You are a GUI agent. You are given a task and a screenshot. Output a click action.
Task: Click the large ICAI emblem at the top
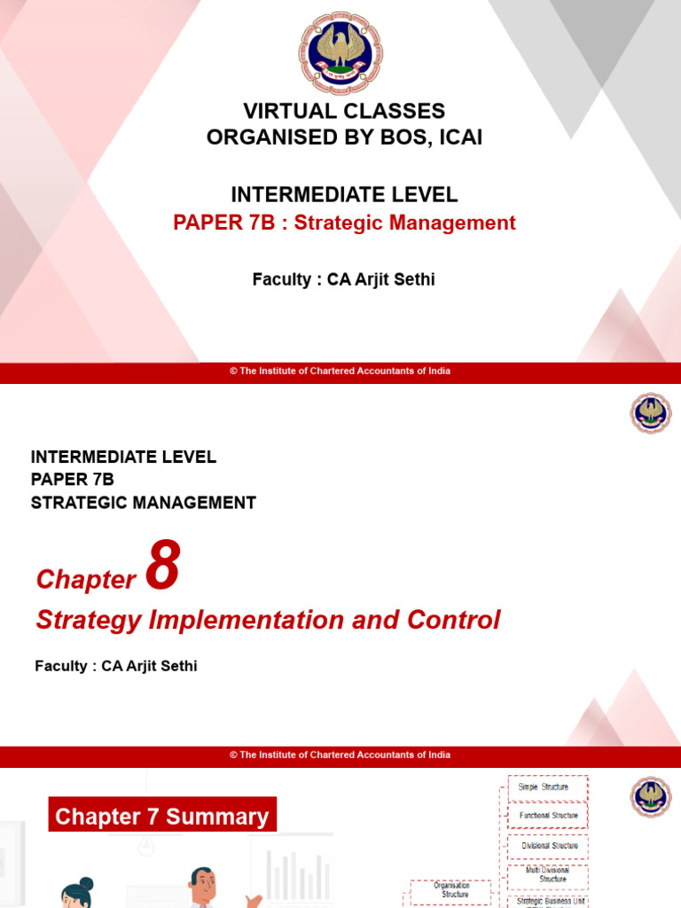point(340,54)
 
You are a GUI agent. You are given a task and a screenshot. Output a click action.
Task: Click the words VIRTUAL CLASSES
point(344,112)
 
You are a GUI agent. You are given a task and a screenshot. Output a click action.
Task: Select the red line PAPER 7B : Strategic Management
point(344,223)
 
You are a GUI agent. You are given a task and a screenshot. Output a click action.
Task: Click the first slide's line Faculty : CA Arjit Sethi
point(344,280)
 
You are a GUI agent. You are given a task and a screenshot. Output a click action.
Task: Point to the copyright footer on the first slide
point(340,372)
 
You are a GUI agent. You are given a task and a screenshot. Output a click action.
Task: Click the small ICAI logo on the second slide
point(652,414)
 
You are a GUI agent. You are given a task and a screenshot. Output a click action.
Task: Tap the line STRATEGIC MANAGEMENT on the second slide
point(144,503)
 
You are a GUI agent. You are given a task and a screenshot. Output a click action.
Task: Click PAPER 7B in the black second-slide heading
point(73,480)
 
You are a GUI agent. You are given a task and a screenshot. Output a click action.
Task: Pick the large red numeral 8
point(162,566)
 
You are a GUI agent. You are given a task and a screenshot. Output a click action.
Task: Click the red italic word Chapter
point(86,580)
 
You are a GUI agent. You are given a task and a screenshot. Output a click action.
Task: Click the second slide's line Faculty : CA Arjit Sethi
point(115,666)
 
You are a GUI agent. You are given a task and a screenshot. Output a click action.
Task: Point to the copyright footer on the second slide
point(340,755)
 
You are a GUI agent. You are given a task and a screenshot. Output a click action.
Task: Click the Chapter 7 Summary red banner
point(161,816)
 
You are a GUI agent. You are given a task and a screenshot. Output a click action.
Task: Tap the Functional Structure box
point(548,816)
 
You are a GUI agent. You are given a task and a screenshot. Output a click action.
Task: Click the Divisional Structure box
point(548,846)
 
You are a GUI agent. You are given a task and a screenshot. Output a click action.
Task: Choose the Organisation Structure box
point(451,889)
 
